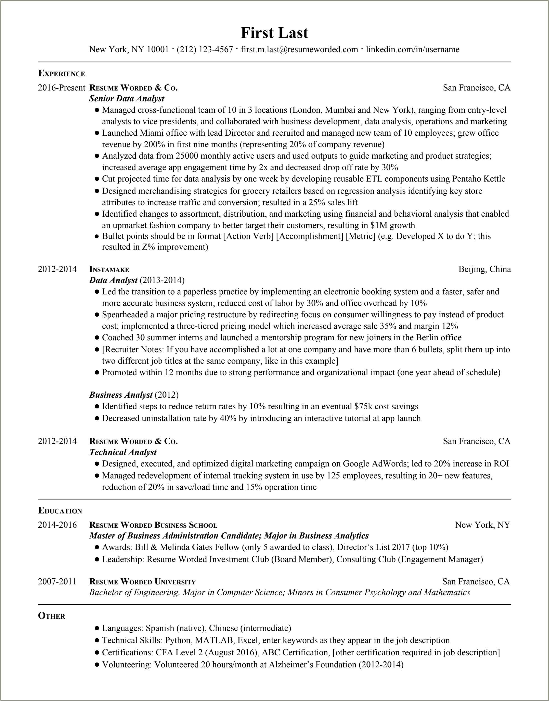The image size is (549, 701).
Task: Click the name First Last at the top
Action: (x=274, y=33)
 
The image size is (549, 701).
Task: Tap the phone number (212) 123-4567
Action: (x=205, y=49)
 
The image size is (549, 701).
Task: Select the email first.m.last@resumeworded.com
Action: (x=299, y=49)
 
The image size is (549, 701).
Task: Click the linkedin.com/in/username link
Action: (x=413, y=49)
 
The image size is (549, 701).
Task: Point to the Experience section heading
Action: (x=61, y=73)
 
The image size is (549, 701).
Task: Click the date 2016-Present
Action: (x=61, y=88)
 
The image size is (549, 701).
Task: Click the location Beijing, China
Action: (x=484, y=269)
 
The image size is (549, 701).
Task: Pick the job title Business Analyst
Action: (x=121, y=395)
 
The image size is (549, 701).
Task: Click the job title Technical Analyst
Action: (x=123, y=452)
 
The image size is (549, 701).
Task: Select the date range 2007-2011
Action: (x=57, y=582)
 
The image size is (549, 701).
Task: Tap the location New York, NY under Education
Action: (x=482, y=525)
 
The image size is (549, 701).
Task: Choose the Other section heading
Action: (x=51, y=616)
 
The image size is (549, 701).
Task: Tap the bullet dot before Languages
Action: (x=97, y=628)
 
